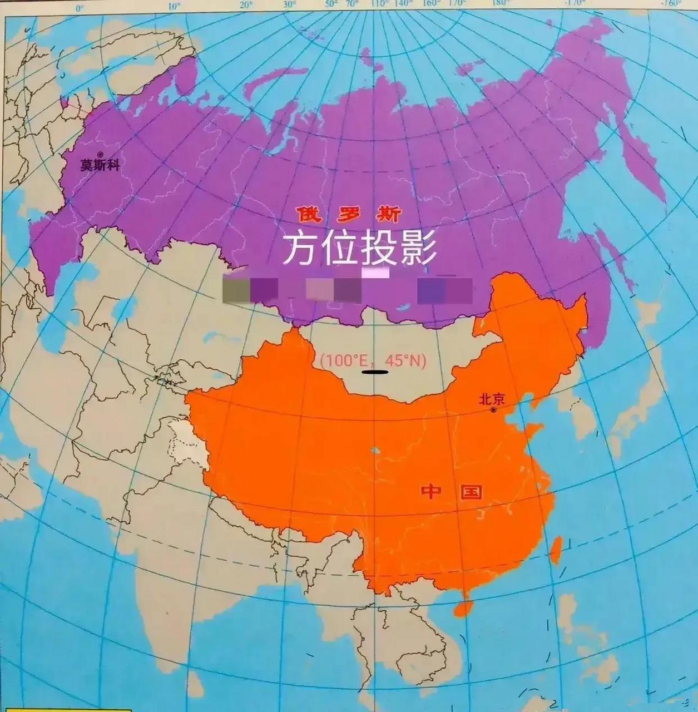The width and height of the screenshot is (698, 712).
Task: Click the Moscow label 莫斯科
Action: pyautogui.click(x=100, y=165)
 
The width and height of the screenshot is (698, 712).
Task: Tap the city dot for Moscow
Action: pyautogui.click(x=100, y=154)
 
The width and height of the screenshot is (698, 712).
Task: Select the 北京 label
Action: pyautogui.click(x=492, y=399)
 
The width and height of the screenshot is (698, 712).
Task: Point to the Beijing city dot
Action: pyautogui.click(x=493, y=410)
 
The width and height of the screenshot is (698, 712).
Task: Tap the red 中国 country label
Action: pyautogui.click(x=451, y=492)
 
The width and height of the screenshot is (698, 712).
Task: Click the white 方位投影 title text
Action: pyautogui.click(x=359, y=249)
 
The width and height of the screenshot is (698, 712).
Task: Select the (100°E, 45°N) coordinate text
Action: pyautogui.click(x=373, y=360)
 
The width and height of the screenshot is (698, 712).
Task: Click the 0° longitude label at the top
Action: pyautogui.click(x=80, y=8)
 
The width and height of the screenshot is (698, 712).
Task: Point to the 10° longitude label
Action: pyautogui.click(x=174, y=7)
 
